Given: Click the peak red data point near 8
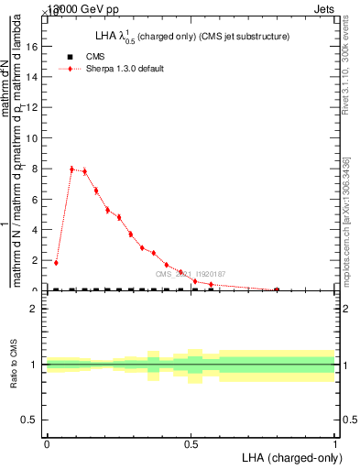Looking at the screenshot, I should (x=72, y=169).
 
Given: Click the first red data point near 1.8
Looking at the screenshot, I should (x=56, y=263).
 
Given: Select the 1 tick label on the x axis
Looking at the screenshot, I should (x=335, y=444).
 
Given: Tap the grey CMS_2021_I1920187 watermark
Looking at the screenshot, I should (x=189, y=274).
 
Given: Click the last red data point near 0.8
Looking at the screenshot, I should (x=277, y=289).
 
